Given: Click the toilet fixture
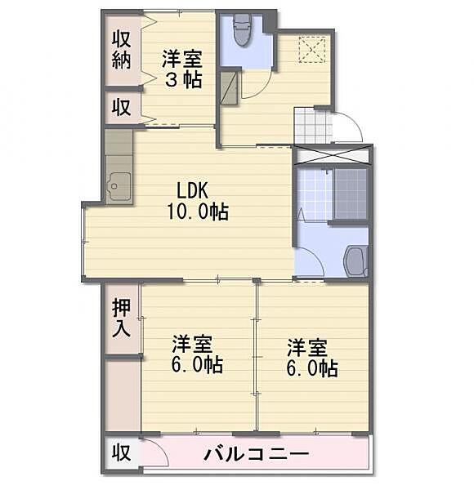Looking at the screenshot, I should [242, 30].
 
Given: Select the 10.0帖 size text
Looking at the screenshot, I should [198, 212].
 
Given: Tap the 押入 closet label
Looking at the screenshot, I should [122, 318].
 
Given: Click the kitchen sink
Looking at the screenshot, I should [119, 188].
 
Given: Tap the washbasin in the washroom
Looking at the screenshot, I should [355, 261].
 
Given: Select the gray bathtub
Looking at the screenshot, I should [351, 194].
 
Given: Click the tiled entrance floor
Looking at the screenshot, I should [312, 126].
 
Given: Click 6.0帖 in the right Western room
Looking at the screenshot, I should [312, 368].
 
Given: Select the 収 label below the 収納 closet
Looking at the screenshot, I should [122, 108].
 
